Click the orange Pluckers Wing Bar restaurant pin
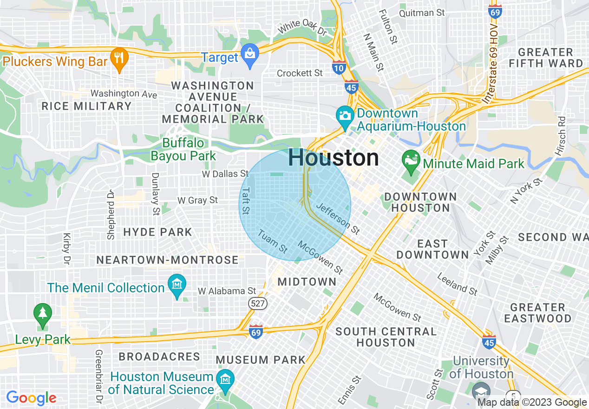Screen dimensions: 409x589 coord(119,59)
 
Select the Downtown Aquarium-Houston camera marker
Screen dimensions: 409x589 coord(345,115)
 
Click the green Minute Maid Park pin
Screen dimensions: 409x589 coord(411,161)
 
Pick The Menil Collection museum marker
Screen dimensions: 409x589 coord(177,285)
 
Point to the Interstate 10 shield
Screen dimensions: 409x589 coord(339,68)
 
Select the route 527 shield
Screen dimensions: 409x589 coord(257,303)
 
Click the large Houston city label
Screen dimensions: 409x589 coord(334,158)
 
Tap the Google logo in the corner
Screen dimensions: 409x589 coord(31,398)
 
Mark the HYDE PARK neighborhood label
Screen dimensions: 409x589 coord(157,232)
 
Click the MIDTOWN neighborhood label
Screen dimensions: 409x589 coord(307,282)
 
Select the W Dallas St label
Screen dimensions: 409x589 coord(225,174)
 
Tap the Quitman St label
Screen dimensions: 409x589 coord(422,13)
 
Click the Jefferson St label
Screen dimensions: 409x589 coord(338,218)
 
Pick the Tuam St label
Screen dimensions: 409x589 coord(273,242)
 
